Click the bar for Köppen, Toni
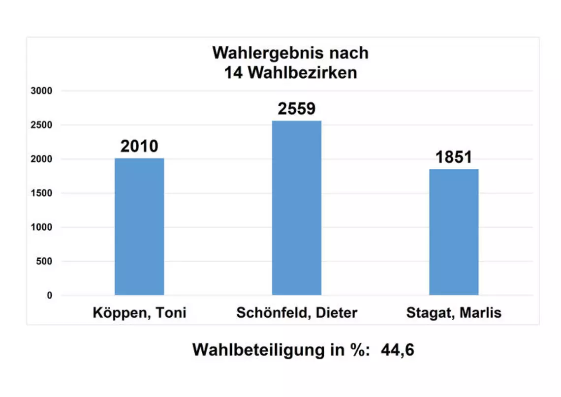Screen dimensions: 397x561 coord(139,226)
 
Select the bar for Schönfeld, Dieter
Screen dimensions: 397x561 coord(297,208)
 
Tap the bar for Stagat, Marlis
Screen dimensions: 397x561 coord(454,232)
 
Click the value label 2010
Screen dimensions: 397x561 coord(139,146)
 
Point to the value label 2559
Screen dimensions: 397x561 coord(297,109)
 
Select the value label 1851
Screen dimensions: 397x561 coord(454,157)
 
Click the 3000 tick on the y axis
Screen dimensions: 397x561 coord(41,91)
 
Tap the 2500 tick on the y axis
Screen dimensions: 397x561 coord(41,125)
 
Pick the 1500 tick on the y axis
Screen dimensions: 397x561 coord(41,193)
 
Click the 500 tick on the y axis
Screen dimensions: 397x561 coord(43,261)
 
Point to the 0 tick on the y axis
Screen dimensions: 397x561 coord(49,296)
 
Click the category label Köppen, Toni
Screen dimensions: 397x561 coord(139,313)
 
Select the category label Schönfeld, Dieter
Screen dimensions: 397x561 coord(297,313)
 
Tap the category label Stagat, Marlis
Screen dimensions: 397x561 coord(454,313)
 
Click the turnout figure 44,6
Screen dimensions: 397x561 coord(397,350)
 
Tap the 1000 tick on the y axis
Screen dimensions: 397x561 coord(41,227)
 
